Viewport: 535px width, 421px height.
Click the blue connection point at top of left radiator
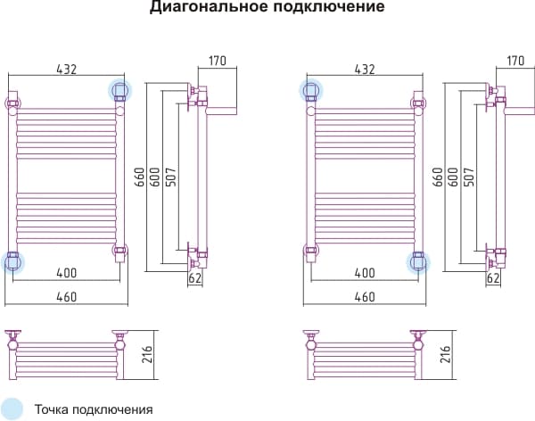119,90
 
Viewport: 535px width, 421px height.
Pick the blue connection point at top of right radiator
310,90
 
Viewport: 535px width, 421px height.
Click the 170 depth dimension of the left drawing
218,62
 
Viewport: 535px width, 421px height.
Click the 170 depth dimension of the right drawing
514,62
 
